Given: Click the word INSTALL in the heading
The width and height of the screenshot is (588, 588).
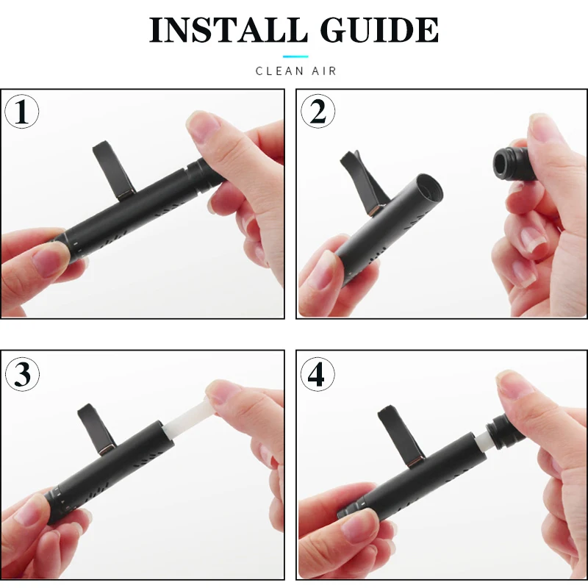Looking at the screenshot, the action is pyautogui.click(x=229, y=30).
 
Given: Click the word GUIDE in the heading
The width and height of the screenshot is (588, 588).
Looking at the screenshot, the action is pyautogui.click(x=379, y=30).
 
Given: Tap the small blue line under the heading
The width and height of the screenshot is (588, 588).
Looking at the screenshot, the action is pyautogui.click(x=295, y=57).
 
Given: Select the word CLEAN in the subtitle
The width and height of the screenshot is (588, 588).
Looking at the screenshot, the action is pyautogui.click(x=279, y=71).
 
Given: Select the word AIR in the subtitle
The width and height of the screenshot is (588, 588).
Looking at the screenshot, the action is pyautogui.click(x=324, y=71).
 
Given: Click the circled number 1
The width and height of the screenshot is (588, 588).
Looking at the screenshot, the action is pyautogui.click(x=22, y=112).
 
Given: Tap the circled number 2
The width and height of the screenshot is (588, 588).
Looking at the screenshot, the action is pyautogui.click(x=318, y=112).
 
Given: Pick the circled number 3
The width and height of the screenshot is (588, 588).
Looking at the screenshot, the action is pyautogui.click(x=22, y=374).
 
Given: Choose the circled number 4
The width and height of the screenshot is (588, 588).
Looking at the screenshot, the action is pyautogui.click(x=318, y=374).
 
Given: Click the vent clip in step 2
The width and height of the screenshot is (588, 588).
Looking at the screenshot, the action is pyautogui.click(x=359, y=182).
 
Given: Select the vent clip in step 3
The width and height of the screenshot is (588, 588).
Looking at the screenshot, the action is pyautogui.click(x=96, y=429).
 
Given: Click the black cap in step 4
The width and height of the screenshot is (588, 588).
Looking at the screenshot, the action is pyautogui.click(x=504, y=431).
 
